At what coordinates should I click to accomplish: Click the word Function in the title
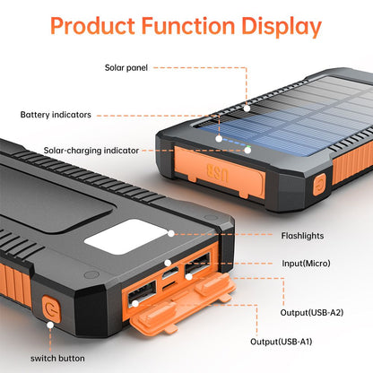(x=188, y=26)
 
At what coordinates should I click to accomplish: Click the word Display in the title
(x=282, y=27)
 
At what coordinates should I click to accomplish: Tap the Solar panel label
(x=126, y=68)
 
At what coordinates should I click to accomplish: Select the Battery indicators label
(x=56, y=115)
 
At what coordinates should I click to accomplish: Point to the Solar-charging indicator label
(x=91, y=151)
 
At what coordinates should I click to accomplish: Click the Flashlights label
(x=302, y=236)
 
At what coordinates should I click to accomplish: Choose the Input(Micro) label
(x=306, y=264)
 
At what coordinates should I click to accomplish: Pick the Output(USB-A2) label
(x=311, y=313)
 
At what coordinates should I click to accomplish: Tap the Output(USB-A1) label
(x=281, y=342)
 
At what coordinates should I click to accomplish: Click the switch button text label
(x=57, y=359)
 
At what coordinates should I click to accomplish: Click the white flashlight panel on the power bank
(x=126, y=237)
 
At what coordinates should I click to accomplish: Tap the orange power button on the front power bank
(x=51, y=309)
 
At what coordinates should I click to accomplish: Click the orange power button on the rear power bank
(x=319, y=185)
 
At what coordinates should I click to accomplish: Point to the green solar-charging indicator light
(x=247, y=147)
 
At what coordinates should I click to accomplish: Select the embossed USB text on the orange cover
(x=218, y=173)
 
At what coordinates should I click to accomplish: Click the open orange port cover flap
(x=183, y=302)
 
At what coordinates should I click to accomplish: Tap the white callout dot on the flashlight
(x=171, y=234)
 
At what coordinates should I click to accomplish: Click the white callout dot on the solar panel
(x=247, y=108)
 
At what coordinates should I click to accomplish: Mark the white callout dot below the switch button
(x=50, y=325)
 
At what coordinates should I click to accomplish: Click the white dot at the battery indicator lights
(x=219, y=139)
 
